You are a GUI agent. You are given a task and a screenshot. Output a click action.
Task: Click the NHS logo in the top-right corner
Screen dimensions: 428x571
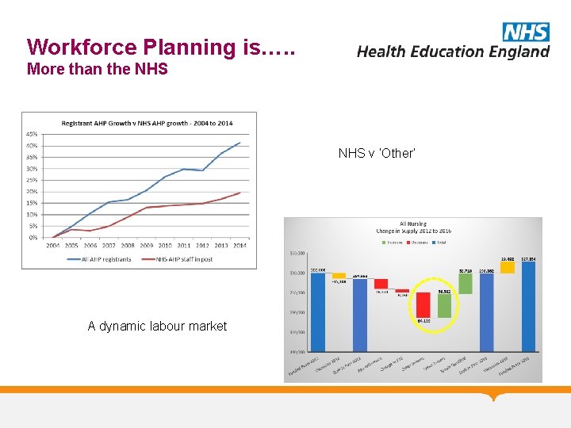525,32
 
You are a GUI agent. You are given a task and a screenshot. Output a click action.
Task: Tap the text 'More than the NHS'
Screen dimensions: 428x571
98,69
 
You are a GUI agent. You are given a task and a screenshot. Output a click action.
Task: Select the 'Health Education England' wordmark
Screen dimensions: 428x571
453,52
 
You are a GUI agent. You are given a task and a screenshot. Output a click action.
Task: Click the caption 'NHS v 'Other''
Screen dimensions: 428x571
377,153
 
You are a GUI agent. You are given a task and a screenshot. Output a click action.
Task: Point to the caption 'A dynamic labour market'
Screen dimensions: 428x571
157,326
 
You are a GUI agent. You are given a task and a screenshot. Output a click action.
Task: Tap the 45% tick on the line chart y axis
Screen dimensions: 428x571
32,133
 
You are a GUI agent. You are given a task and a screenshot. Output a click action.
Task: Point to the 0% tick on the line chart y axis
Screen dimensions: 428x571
33,237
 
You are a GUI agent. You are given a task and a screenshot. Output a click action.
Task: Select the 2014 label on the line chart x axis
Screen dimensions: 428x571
240,246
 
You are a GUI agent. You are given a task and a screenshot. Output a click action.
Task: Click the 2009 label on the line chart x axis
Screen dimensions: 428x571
146,246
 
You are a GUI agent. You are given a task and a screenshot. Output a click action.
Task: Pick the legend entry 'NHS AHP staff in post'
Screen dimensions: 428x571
186,258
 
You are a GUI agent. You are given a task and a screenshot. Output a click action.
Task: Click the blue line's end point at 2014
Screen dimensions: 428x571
240,143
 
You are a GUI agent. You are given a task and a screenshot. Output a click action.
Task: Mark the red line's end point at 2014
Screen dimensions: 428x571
240,193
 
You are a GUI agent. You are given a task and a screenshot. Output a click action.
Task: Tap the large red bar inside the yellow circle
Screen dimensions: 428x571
423,304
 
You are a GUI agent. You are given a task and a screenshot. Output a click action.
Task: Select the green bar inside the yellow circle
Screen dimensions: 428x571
444,306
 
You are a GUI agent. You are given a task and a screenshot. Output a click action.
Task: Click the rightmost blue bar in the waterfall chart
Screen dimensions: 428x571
528,306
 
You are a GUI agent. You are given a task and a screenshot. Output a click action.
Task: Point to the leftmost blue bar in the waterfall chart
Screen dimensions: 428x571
318,311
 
